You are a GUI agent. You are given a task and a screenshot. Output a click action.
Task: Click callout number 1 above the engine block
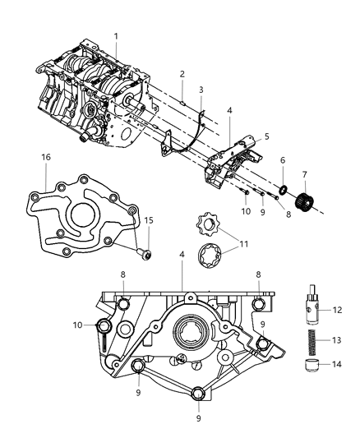click(x=116, y=36)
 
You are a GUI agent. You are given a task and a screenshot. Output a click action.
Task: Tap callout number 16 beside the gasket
click(x=47, y=156)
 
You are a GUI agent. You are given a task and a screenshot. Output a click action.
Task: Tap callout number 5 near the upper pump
click(x=267, y=136)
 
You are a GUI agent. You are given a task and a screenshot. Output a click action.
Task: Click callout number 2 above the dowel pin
click(x=182, y=74)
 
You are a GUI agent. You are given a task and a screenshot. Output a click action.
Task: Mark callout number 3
click(x=201, y=89)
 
